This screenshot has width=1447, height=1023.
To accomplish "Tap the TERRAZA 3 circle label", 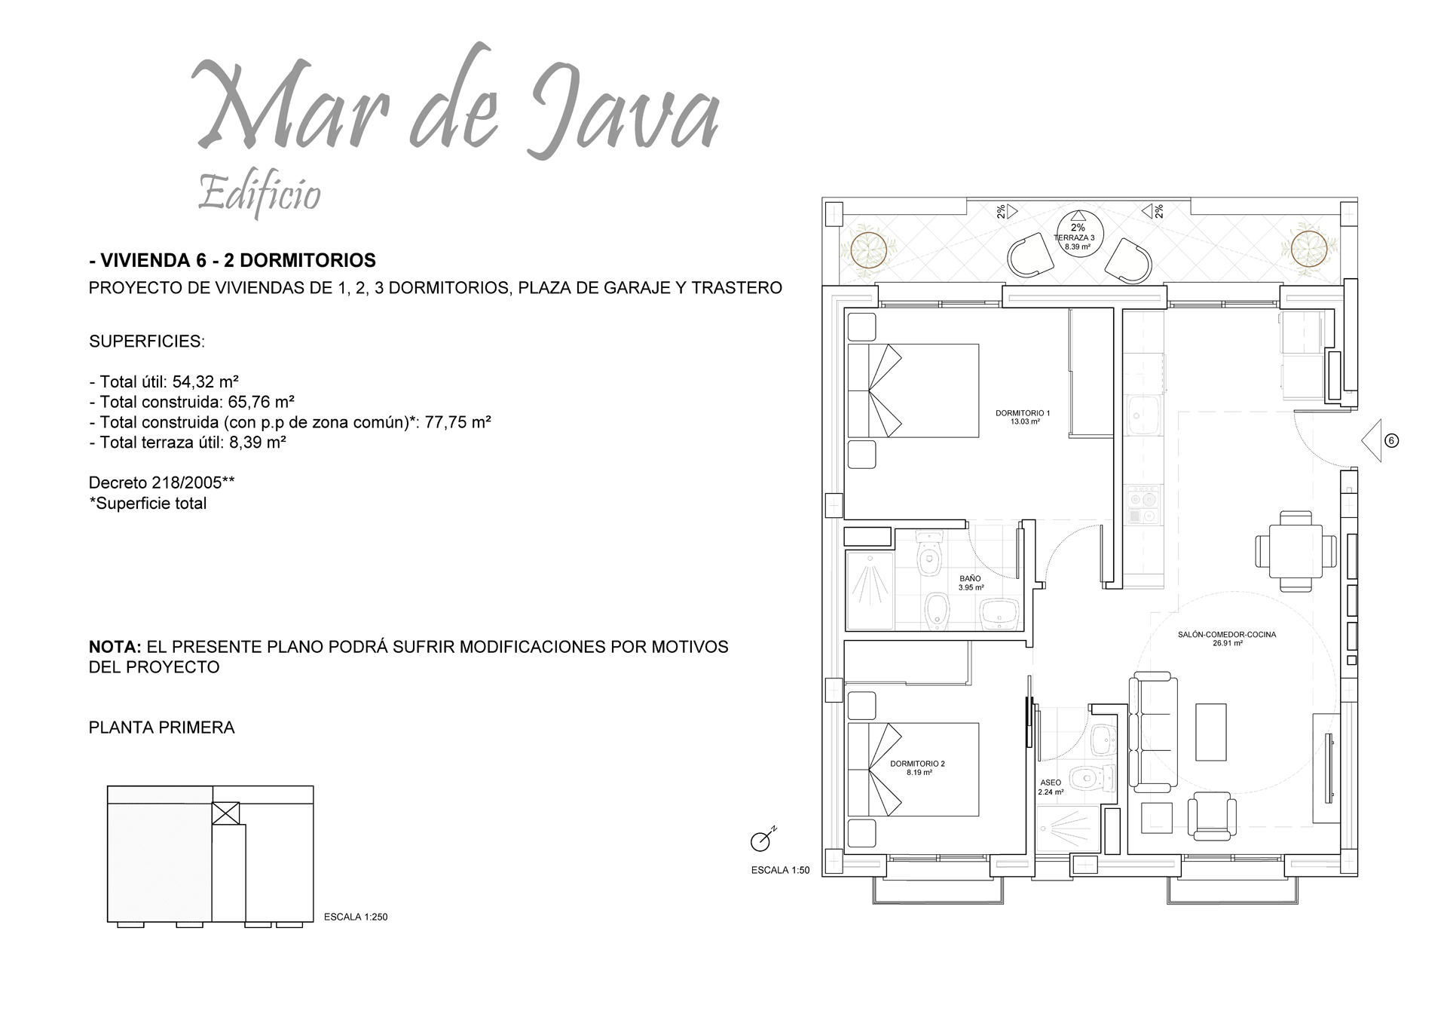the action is [1078, 234].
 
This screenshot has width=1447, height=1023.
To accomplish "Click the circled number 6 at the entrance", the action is [1392, 441].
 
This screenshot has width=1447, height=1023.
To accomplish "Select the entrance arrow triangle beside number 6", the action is [1372, 440].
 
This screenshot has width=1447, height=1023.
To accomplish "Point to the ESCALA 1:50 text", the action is [780, 870].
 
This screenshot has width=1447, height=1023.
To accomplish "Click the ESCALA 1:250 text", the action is [355, 917].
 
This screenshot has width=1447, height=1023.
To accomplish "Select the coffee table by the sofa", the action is [1211, 733].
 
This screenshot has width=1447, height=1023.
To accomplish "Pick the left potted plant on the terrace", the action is [868, 249].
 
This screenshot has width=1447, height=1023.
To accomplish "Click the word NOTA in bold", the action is [115, 647].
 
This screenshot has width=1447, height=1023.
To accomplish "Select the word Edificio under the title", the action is [259, 195].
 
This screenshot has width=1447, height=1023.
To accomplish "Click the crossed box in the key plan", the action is [225, 813].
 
